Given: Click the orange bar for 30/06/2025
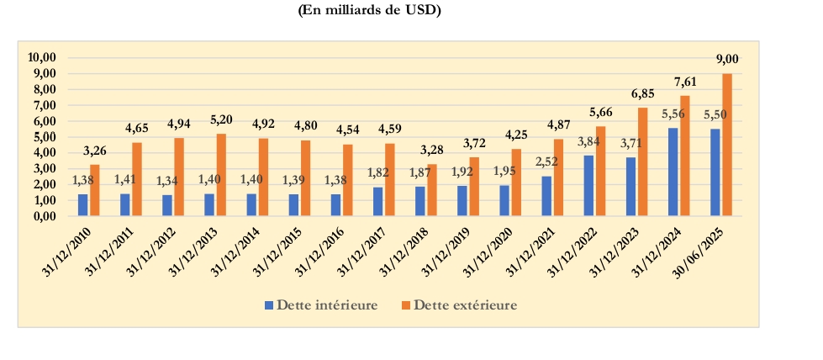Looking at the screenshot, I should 727,145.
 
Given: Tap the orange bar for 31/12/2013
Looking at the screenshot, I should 221,175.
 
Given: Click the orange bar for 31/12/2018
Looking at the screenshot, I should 432,190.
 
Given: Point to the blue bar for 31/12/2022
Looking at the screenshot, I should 588,185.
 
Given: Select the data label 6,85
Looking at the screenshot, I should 643,93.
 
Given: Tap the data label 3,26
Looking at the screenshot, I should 94,151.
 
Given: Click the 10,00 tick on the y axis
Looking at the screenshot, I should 41,57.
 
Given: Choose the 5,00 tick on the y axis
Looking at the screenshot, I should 44,137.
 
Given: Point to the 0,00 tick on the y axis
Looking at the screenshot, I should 44,216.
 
